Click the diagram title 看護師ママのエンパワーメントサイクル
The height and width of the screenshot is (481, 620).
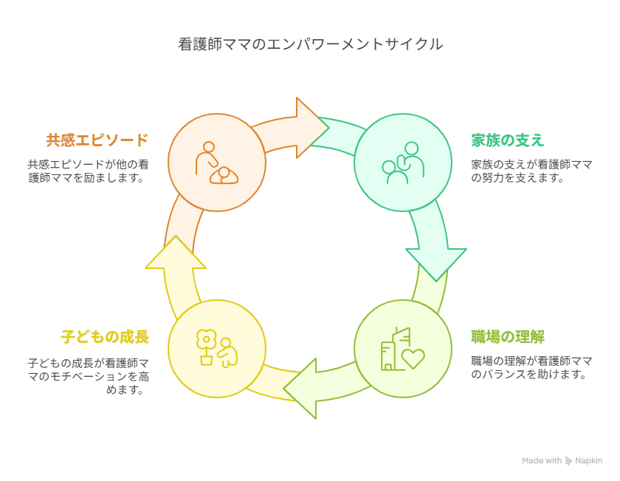tap(310, 45)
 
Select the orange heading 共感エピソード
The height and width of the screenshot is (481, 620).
tap(97, 140)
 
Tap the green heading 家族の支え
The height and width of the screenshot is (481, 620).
tap(507, 140)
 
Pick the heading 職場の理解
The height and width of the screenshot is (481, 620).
tap(508, 337)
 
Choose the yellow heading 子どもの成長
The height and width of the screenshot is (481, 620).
tap(105, 337)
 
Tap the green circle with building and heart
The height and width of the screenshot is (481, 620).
tap(402, 348)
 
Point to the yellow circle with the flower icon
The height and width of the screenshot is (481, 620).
tap(217, 348)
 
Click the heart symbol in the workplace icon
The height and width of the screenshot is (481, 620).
tap(413, 358)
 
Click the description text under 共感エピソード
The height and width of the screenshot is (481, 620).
tap(88, 171)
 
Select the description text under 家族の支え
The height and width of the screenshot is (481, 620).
tap(531, 171)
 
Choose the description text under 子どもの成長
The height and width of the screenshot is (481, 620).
tap(88, 376)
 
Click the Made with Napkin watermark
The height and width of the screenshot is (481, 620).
tap(562, 460)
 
